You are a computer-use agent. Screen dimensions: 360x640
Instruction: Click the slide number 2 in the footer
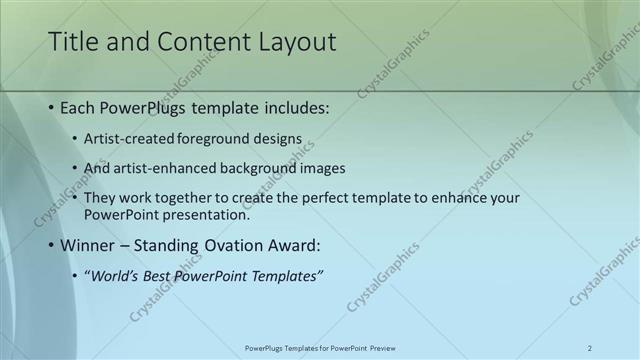click(590, 348)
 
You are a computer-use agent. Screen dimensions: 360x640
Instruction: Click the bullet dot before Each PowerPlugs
click(50, 108)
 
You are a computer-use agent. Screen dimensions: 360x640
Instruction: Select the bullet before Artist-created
click(76, 139)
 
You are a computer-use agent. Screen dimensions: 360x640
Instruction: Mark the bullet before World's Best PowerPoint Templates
click(76, 276)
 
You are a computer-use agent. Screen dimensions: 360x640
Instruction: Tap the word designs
click(275, 139)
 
